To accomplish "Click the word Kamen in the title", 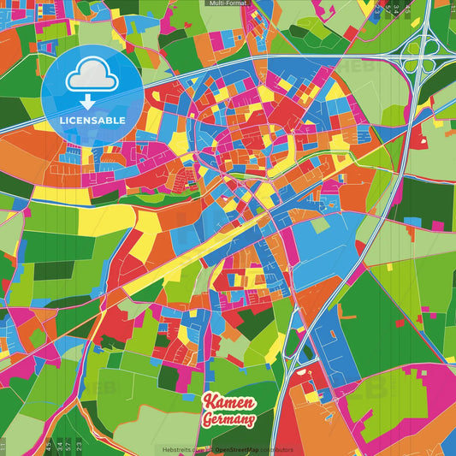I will (x=230, y=402).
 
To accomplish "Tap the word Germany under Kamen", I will (x=228, y=419).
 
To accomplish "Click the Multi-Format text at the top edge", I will (x=228, y=3).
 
